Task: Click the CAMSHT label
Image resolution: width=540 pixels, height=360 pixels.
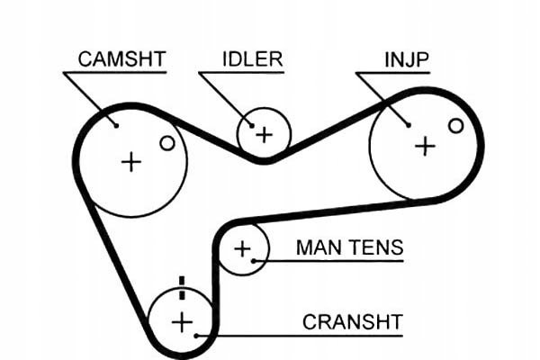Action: [121, 59]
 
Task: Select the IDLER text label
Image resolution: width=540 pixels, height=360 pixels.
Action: [252, 59]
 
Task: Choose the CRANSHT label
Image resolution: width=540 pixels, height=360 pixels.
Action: [352, 321]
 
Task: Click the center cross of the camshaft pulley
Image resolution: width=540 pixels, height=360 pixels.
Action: [131, 162]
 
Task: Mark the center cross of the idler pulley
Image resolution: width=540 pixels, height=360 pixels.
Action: [264, 135]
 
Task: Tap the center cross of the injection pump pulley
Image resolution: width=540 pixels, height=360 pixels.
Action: [424, 146]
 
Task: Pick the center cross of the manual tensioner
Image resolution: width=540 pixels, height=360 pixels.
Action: [242, 248]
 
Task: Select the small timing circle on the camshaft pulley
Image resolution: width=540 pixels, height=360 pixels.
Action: [166, 142]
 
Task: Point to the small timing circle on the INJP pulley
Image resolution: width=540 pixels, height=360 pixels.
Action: [455, 126]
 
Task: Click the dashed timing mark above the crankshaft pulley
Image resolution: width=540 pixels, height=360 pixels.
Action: [182, 287]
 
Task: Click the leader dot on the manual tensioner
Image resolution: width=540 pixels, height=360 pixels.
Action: [255, 261]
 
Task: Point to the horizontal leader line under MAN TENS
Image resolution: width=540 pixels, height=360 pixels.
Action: [333, 261]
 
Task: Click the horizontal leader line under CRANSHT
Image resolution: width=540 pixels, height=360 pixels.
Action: [306, 336]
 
